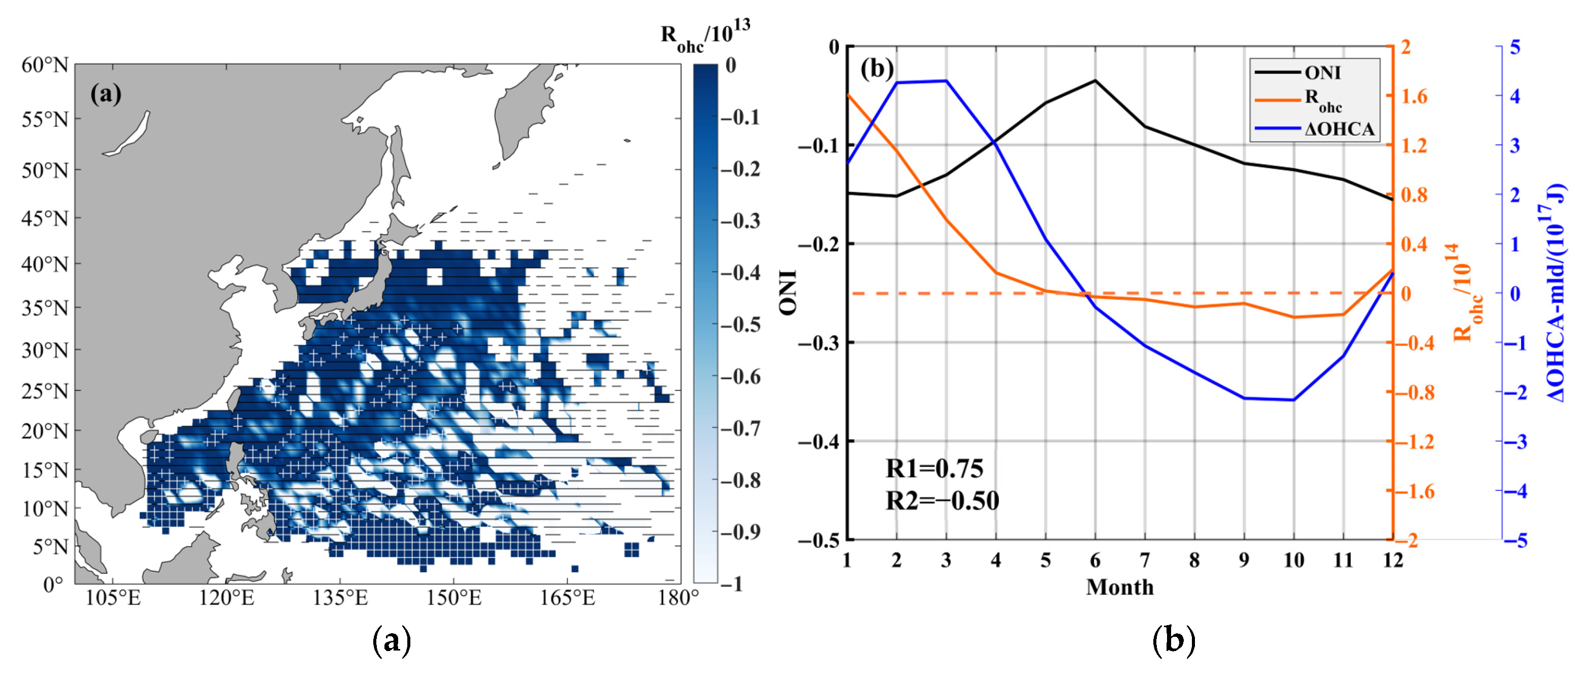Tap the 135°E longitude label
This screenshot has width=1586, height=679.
tap(340, 598)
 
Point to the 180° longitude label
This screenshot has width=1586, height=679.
tap(678, 598)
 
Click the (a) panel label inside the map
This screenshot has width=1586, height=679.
tap(106, 94)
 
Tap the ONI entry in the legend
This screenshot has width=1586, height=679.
tap(1322, 73)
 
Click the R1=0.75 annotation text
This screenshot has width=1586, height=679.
tap(934, 469)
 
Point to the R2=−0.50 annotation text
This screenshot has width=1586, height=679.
tap(942, 500)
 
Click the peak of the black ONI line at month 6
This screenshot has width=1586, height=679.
tap(1095, 81)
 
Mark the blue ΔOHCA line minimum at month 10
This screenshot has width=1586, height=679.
tap(1293, 400)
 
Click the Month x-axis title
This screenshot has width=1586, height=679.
tap(1119, 587)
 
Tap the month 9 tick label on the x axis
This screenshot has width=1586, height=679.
tap(1244, 560)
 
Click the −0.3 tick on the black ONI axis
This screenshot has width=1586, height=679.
tap(818, 343)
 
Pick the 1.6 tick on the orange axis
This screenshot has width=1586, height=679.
tap(1414, 96)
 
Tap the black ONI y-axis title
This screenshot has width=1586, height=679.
tap(789, 293)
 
